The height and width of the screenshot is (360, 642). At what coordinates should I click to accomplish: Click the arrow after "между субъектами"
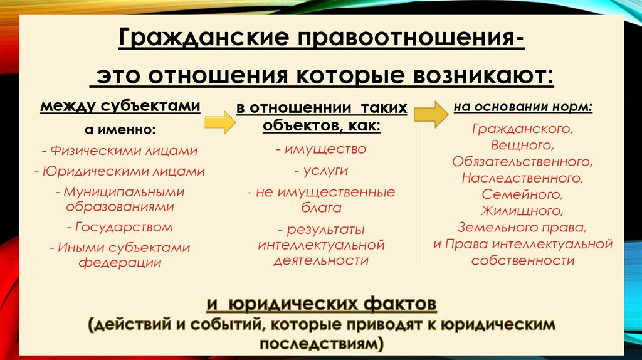coord(220,122)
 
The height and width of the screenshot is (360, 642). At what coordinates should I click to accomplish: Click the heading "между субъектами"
coord(120,106)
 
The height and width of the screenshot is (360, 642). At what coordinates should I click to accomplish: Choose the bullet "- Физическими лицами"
coord(120,151)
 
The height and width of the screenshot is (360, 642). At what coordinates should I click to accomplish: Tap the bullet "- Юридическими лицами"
coord(120,171)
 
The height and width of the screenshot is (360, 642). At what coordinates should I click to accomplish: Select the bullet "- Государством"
coord(120,226)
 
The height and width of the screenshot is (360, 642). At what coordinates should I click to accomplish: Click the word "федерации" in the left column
coord(120,262)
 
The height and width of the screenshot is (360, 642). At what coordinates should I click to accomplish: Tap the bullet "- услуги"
coord(320,170)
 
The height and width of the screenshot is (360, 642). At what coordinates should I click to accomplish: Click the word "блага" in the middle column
coord(320,206)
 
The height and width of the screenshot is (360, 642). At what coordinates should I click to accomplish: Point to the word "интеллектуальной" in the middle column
coord(320,244)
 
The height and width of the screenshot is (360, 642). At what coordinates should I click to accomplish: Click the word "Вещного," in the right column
coord(523,146)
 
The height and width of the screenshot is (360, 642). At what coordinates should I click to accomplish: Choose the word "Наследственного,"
coord(523,178)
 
